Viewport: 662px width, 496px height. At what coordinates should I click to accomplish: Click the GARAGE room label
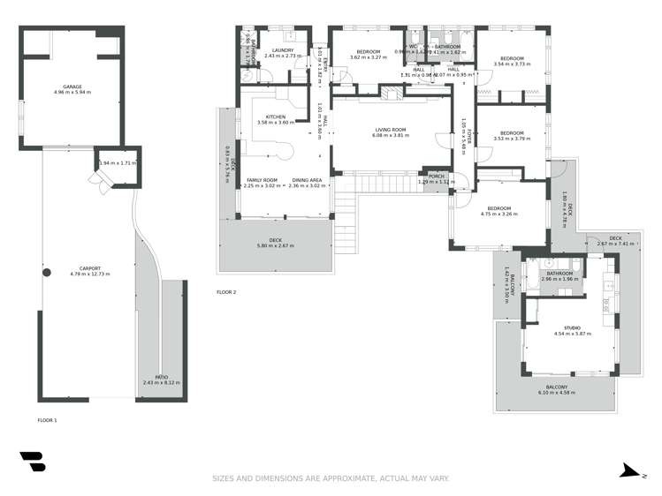click(x=72, y=86)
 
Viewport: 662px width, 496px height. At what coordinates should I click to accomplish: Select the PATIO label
click(x=161, y=377)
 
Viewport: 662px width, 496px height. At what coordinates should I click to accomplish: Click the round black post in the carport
click(x=48, y=273)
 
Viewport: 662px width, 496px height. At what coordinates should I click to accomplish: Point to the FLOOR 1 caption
click(x=47, y=420)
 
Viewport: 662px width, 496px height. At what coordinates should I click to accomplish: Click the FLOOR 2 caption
click(x=226, y=292)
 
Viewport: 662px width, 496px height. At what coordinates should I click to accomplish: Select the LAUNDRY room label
click(x=283, y=50)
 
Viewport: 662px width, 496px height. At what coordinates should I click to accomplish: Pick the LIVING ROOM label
click(x=390, y=130)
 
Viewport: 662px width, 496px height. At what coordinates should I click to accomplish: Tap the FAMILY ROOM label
click(x=262, y=180)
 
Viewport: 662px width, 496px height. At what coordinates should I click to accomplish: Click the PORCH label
click(x=435, y=176)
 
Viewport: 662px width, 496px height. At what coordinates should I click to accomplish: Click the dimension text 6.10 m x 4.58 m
click(x=556, y=393)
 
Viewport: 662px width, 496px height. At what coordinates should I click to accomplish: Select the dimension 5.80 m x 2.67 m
click(x=275, y=244)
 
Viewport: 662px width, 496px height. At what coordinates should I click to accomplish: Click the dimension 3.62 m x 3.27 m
click(x=368, y=58)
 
